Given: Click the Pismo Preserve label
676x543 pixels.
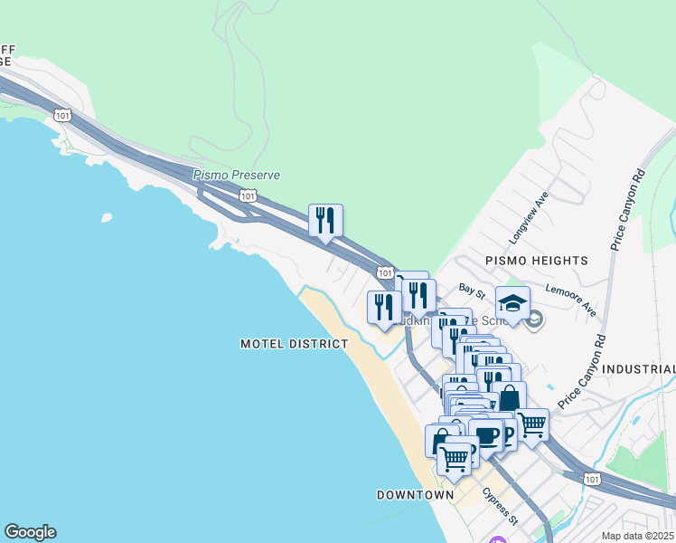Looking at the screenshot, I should point(237,175).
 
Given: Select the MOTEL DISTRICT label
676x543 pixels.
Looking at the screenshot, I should point(294,344).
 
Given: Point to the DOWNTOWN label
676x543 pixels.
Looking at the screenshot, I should point(415,495).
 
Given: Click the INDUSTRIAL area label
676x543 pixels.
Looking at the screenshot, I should point(638,369).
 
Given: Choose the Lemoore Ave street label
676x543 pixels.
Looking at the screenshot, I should point(571,300).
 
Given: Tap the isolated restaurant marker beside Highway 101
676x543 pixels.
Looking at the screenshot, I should point(325,221).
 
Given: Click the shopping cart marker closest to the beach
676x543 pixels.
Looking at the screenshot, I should point(455,456).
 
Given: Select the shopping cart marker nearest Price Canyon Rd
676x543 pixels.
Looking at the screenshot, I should point(531,424).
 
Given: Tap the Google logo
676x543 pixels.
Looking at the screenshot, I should point(31,532).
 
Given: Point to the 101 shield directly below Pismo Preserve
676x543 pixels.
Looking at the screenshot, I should point(248,195).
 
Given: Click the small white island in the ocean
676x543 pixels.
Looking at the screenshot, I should point(107,217).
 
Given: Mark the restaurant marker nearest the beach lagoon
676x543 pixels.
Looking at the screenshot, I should point(383,308).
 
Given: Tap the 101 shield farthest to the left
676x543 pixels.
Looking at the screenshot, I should point(61,115).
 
